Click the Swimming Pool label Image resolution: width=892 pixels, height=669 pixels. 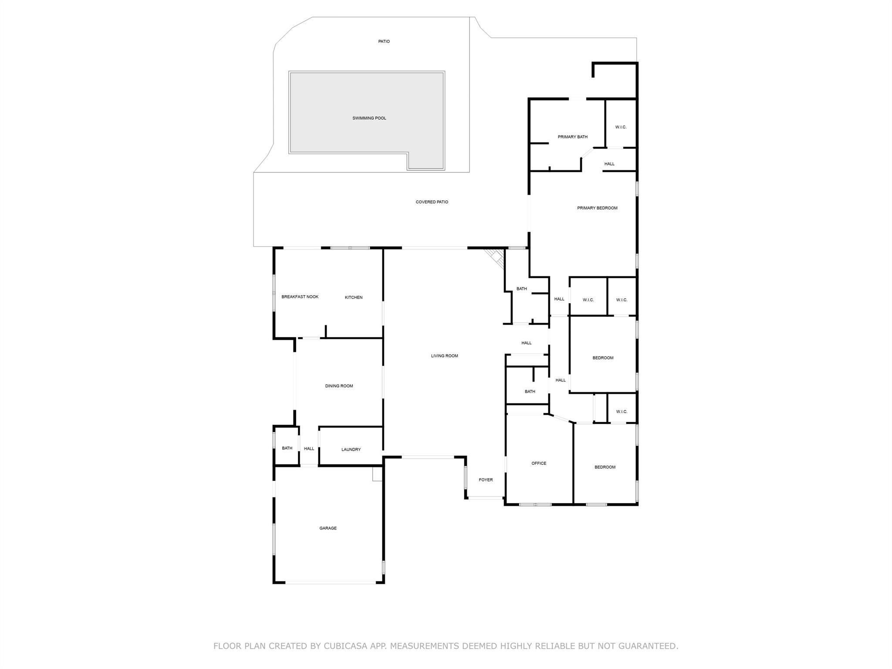[369, 118]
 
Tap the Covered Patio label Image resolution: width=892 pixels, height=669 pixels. [432, 202]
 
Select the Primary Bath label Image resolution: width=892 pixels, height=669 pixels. [572, 137]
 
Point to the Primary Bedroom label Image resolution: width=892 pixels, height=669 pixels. [597, 208]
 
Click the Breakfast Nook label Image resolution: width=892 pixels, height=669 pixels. [300, 297]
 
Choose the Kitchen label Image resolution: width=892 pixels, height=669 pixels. [353, 297]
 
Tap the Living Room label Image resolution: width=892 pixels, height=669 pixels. [444, 356]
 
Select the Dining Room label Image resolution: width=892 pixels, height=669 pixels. [339, 386]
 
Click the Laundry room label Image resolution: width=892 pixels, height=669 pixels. [351, 449]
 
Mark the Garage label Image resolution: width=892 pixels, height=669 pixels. [328, 528]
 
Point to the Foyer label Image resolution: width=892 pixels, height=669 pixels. [486, 480]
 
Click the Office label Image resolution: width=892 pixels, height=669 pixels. [538, 463]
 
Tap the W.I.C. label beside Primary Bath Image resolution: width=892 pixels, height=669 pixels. [621, 127]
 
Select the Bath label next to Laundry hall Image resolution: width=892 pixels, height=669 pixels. [287, 448]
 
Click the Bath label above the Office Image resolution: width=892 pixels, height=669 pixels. [530, 392]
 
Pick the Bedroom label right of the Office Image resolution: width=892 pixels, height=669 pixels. [605, 467]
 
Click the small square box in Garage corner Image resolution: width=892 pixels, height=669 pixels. [377, 474]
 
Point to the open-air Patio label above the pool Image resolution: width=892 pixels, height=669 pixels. [384, 41]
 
